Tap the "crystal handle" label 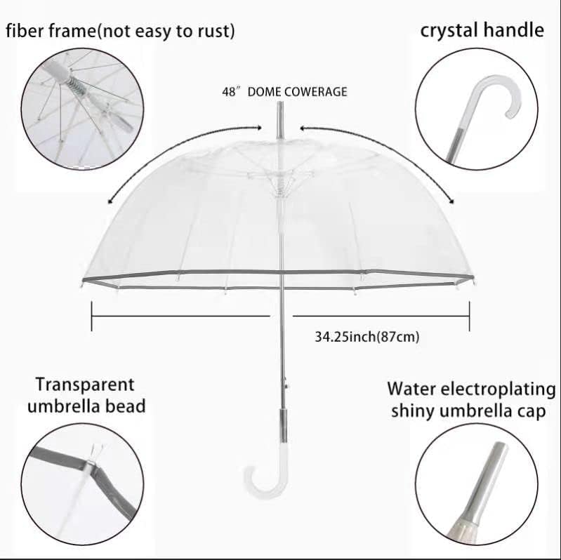click(482, 30)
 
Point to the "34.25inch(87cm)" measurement click(367, 336)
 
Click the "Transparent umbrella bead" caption click(85, 394)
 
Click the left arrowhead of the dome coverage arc click(110, 201)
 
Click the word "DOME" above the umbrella click(263, 92)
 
